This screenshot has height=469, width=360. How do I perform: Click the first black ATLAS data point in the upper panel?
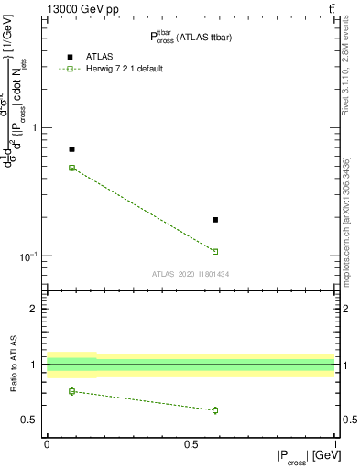pos(72,148)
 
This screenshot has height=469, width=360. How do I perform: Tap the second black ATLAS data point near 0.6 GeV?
pos(215,220)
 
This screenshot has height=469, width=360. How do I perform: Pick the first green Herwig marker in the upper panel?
pos(72,168)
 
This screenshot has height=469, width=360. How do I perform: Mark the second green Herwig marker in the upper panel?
pos(215,251)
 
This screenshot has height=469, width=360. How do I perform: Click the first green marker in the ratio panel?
pos(72,391)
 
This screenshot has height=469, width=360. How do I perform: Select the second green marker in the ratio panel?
pos(215,409)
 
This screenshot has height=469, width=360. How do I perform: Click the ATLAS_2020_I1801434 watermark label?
pos(190,274)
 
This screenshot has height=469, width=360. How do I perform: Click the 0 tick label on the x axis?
pos(47,444)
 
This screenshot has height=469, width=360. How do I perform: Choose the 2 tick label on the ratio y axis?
pos(35,309)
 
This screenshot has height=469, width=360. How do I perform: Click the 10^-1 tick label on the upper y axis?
pos(28,256)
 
